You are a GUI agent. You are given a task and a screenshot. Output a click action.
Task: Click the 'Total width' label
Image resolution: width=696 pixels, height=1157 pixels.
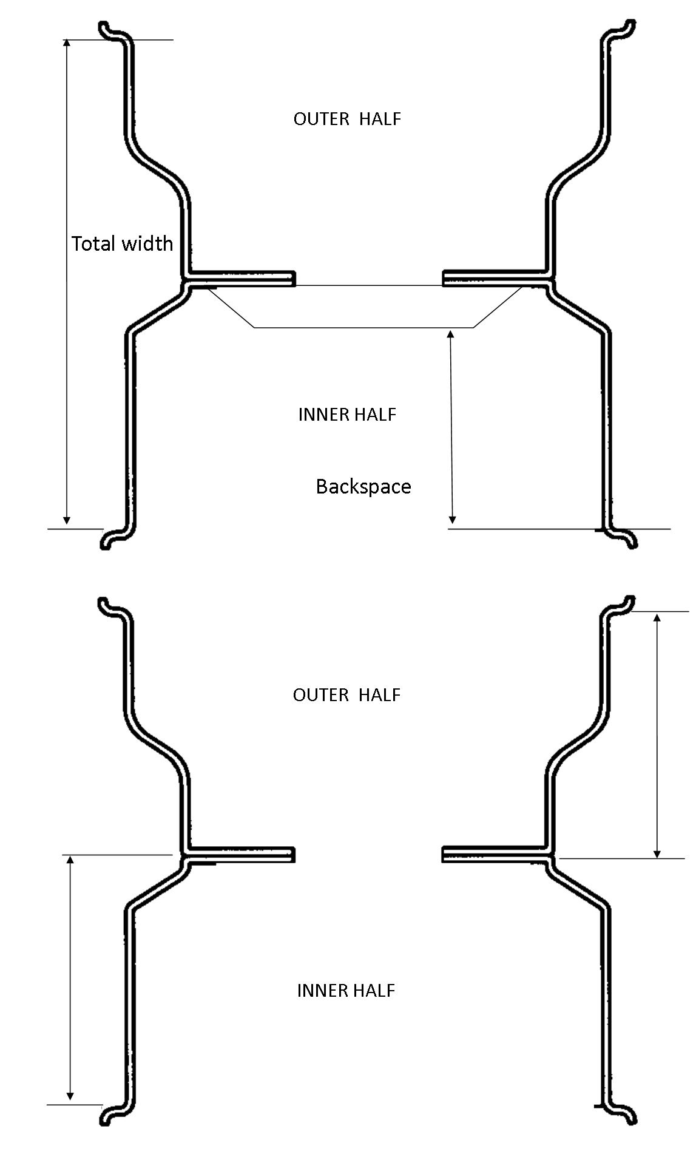pyautogui.click(x=122, y=243)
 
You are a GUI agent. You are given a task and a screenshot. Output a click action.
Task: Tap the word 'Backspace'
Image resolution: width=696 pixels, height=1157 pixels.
pyautogui.click(x=363, y=486)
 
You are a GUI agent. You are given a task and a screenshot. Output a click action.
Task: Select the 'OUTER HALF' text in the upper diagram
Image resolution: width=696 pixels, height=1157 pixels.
pyautogui.click(x=347, y=118)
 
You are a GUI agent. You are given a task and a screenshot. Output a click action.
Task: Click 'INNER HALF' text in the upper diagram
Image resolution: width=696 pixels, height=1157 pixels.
pyautogui.click(x=347, y=415)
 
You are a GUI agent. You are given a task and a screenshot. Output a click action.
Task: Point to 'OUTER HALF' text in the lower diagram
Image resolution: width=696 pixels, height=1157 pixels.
pyautogui.click(x=346, y=694)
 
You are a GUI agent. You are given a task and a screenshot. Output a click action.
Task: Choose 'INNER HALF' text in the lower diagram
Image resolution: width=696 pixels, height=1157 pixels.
pyautogui.click(x=346, y=991)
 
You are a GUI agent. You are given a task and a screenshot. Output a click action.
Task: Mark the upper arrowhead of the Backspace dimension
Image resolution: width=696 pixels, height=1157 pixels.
pyautogui.click(x=450, y=333)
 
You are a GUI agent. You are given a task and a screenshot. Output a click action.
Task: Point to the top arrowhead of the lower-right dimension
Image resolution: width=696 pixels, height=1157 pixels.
pyautogui.click(x=657, y=618)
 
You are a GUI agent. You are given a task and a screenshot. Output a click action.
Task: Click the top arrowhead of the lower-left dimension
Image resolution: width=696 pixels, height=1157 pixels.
pyautogui.click(x=70, y=860)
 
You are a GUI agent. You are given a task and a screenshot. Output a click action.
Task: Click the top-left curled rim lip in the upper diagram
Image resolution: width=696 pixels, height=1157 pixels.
pyautogui.click(x=107, y=29)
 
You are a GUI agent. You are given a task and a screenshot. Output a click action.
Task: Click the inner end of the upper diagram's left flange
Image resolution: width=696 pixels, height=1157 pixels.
pyautogui.click(x=292, y=279)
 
